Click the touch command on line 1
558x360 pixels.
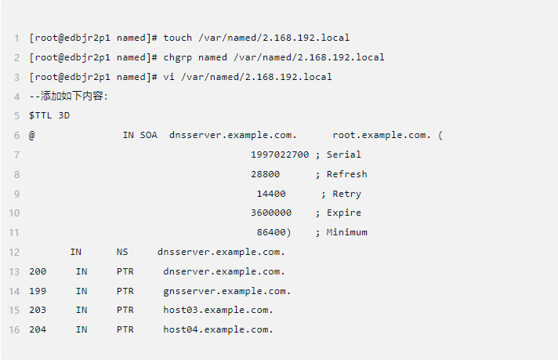click(x=178, y=38)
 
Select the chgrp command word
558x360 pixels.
click(x=178, y=57)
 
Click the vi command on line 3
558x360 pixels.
click(x=169, y=77)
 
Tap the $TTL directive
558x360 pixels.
click(x=41, y=115)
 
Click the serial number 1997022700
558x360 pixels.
click(x=280, y=155)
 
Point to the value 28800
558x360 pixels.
click(x=266, y=174)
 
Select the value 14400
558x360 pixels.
click(x=271, y=194)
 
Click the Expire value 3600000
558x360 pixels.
click(x=271, y=213)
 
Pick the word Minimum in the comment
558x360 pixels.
click(x=346, y=232)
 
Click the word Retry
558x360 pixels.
click(x=346, y=194)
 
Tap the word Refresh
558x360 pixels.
click(x=346, y=174)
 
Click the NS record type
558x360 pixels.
click(x=122, y=252)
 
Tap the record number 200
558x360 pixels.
click(x=38, y=271)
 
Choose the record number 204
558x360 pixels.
click(x=38, y=329)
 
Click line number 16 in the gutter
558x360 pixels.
click(x=14, y=329)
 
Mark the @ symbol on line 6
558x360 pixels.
click(x=32, y=135)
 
